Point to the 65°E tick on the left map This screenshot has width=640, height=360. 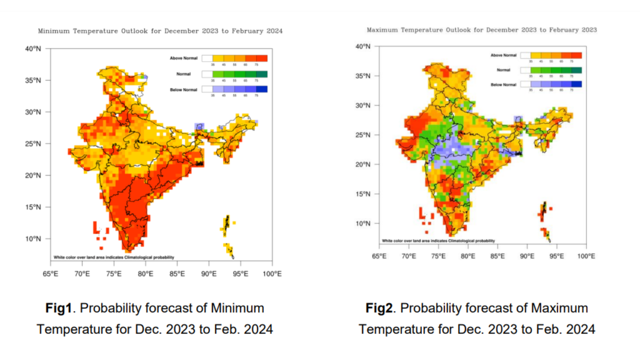(50, 273)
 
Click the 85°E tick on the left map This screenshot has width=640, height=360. (177, 273)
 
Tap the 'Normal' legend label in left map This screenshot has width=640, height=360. (183, 74)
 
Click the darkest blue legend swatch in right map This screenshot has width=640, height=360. (576, 84)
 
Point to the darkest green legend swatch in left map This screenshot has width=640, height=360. (262, 74)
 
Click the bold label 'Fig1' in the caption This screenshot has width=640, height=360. (58, 308)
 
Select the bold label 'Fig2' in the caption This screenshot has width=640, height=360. (379, 308)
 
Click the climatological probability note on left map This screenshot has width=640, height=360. (114, 257)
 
